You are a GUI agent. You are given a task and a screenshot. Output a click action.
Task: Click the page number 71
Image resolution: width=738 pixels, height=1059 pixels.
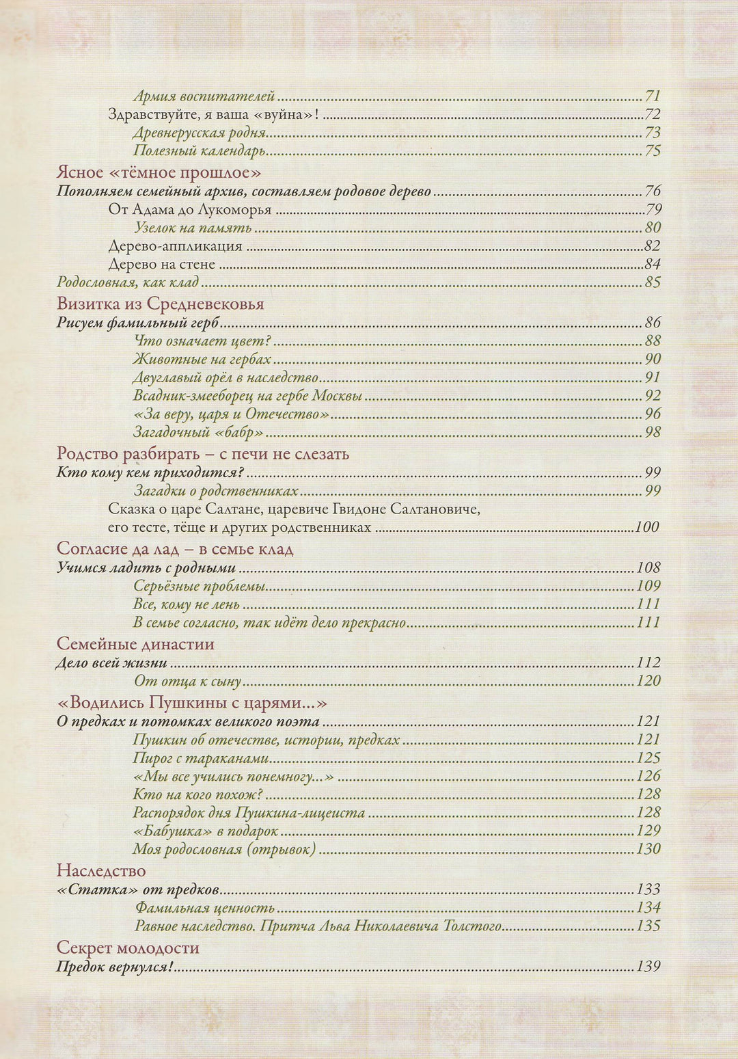click(x=652, y=96)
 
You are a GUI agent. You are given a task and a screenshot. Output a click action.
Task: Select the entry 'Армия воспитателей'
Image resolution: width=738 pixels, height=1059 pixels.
click(x=204, y=96)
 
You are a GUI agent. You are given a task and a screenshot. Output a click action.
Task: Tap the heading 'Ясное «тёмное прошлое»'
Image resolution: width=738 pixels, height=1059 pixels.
click(x=159, y=172)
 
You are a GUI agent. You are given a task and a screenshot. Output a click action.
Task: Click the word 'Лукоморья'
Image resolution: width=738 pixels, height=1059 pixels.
click(x=234, y=210)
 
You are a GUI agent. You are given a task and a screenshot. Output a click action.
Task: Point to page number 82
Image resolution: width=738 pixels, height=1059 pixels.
click(x=652, y=246)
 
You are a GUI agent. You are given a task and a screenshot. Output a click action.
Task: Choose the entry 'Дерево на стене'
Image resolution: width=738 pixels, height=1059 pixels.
click(x=161, y=265)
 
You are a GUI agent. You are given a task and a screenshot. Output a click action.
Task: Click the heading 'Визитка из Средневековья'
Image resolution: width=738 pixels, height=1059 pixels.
click(x=160, y=304)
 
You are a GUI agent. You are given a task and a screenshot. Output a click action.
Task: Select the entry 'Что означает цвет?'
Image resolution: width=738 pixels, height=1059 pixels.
click(x=202, y=341)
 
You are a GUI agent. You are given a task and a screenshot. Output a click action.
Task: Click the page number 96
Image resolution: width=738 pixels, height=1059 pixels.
click(x=652, y=414)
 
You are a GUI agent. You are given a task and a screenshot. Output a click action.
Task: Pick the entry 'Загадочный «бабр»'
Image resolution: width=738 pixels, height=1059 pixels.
click(x=198, y=432)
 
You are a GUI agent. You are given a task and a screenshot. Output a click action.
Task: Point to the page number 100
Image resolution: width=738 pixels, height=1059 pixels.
click(x=646, y=527)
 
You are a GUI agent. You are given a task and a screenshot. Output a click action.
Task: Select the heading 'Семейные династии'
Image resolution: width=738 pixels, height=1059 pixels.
click(x=135, y=644)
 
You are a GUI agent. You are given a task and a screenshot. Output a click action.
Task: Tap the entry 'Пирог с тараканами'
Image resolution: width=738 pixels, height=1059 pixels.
click(x=200, y=758)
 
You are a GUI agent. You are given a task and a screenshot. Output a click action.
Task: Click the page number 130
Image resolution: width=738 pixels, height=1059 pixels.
click(x=648, y=849)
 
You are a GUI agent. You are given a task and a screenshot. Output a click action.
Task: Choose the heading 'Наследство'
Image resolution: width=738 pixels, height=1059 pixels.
click(x=101, y=870)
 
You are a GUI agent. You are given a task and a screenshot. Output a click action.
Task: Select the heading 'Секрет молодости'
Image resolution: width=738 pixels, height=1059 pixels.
click(x=128, y=948)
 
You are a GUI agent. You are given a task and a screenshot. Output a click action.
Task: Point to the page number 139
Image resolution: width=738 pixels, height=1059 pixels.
click(x=648, y=967)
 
